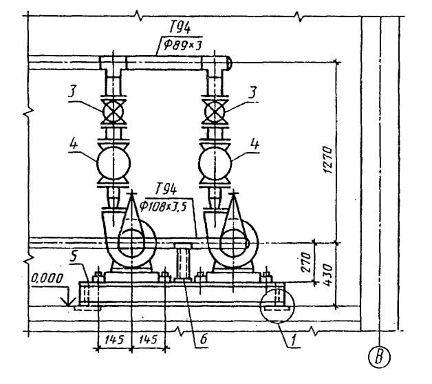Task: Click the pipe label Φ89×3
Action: (x=182, y=45)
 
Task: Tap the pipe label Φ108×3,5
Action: (x=162, y=206)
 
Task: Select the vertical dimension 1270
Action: (x=327, y=160)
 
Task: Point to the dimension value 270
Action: (x=305, y=262)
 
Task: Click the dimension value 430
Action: (x=327, y=275)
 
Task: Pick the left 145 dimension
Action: (x=114, y=340)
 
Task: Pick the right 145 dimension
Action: (x=148, y=340)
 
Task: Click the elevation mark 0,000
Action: (x=47, y=279)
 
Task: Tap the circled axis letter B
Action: (x=380, y=357)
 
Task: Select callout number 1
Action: (x=294, y=340)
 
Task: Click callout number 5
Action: (x=73, y=257)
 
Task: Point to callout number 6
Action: (x=203, y=339)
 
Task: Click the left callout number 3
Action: (x=72, y=92)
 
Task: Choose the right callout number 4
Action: (x=255, y=144)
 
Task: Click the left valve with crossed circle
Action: (x=113, y=111)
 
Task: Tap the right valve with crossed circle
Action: (x=215, y=111)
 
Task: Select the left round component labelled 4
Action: (x=114, y=164)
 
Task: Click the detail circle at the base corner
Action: (x=278, y=306)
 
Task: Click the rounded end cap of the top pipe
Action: (x=229, y=63)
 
